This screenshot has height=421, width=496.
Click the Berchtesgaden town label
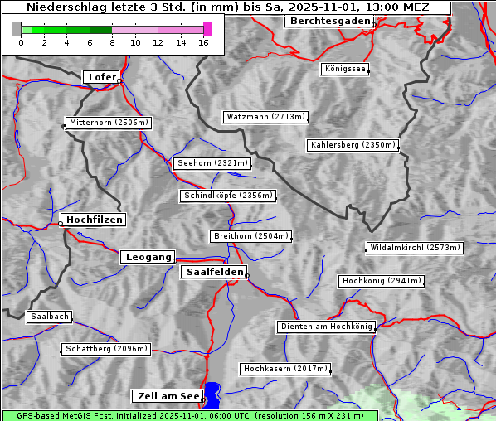(x=328, y=21)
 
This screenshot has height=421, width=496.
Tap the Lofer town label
(x=101, y=77)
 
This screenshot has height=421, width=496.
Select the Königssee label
(x=346, y=70)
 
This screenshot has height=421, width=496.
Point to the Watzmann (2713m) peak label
(x=265, y=117)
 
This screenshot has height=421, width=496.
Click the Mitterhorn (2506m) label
(x=109, y=123)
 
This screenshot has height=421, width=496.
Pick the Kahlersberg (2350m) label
(x=353, y=145)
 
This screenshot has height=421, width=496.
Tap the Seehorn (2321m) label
(x=212, y=163)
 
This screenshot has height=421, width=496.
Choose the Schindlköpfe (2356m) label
(x=227, y=196)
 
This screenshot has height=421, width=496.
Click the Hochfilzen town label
(x=94, y=220)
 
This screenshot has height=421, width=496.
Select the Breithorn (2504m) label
(x=250, y=236)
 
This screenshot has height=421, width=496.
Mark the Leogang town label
(x=148, y=257)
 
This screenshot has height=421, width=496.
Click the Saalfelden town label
(x=214, y=272)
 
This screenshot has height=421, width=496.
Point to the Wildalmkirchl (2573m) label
(x=414, y=248)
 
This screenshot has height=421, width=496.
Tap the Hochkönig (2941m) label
(x=382, y=281)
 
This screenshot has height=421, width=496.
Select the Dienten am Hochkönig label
(x=326, y=327)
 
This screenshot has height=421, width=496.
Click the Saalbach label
(x=49, y=317)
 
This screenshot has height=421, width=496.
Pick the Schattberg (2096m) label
(x=106, y=349)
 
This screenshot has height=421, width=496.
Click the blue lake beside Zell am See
(x=212, y=394)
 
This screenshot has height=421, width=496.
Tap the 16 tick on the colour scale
(x=203, y=42)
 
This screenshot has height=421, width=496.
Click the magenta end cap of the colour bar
(x=207, y=29)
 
